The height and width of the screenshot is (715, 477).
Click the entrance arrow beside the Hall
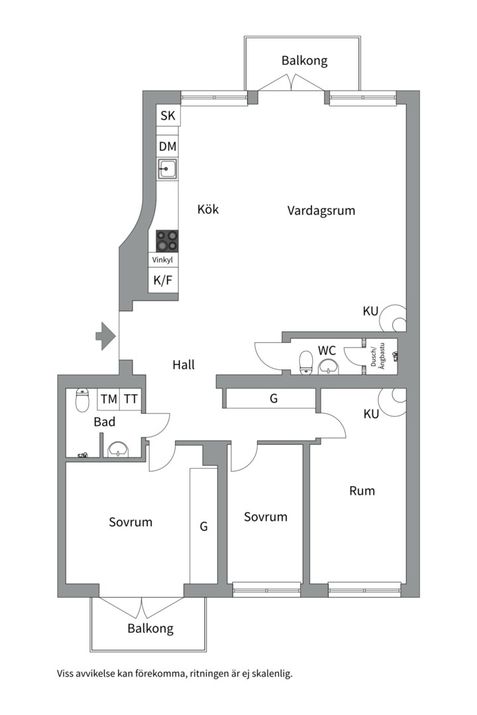(105, 336)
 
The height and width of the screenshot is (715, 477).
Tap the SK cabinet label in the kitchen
(168, 116)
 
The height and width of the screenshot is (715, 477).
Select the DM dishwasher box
(168, 147)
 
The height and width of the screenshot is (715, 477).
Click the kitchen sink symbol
(168, 169)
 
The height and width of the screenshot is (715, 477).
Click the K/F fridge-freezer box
(163, 281)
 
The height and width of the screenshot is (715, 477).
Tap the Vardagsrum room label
(321, 211)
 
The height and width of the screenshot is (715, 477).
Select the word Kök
(208, 209)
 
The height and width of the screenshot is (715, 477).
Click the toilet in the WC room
(306, 362)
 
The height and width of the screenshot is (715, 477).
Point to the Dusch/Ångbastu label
(376, 357)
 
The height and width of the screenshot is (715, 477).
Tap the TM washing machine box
(109, 399)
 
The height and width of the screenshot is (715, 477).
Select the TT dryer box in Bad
(131, 399)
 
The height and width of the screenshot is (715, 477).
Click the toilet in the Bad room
(82, 400)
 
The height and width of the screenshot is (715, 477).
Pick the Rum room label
(362, 491)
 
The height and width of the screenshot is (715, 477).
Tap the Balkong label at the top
(304, 61)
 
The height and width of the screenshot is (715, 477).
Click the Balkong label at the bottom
(150, 628)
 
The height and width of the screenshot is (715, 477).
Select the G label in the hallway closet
(273, 399)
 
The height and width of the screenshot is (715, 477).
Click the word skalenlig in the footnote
(269, 674)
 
